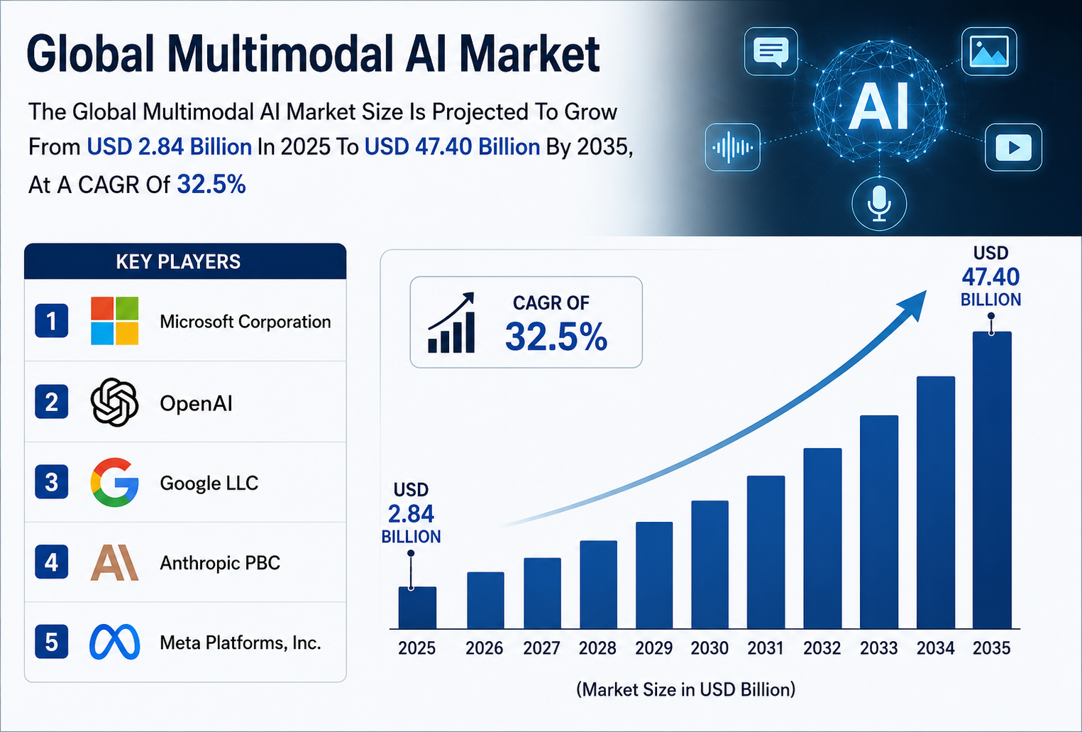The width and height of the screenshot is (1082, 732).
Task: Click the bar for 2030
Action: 710,564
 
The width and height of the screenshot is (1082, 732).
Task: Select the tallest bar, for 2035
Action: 992,480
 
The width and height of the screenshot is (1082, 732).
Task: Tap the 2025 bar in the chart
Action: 417,608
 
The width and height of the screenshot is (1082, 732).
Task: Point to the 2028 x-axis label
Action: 597,648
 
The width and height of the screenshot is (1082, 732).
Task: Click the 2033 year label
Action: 878,648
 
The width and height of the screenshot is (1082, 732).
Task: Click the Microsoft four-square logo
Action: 114,320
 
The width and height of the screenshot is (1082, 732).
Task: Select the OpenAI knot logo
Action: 114,403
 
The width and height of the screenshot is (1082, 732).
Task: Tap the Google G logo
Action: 114,482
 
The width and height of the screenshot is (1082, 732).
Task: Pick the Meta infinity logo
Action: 114,642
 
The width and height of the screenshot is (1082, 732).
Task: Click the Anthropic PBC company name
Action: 220,563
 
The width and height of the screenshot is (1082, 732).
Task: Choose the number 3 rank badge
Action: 51,482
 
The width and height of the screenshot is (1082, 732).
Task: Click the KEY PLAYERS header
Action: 178,261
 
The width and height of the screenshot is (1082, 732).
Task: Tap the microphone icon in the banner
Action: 879,204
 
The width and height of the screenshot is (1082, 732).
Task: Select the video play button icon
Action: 1013,147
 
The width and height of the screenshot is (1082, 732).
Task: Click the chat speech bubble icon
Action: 771,51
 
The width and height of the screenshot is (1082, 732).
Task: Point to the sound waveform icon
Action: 733,147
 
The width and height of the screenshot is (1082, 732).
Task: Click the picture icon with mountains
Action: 989,51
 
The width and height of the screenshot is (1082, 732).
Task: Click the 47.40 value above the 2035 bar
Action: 990,277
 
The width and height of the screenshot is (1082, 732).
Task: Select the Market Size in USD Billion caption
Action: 686,689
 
